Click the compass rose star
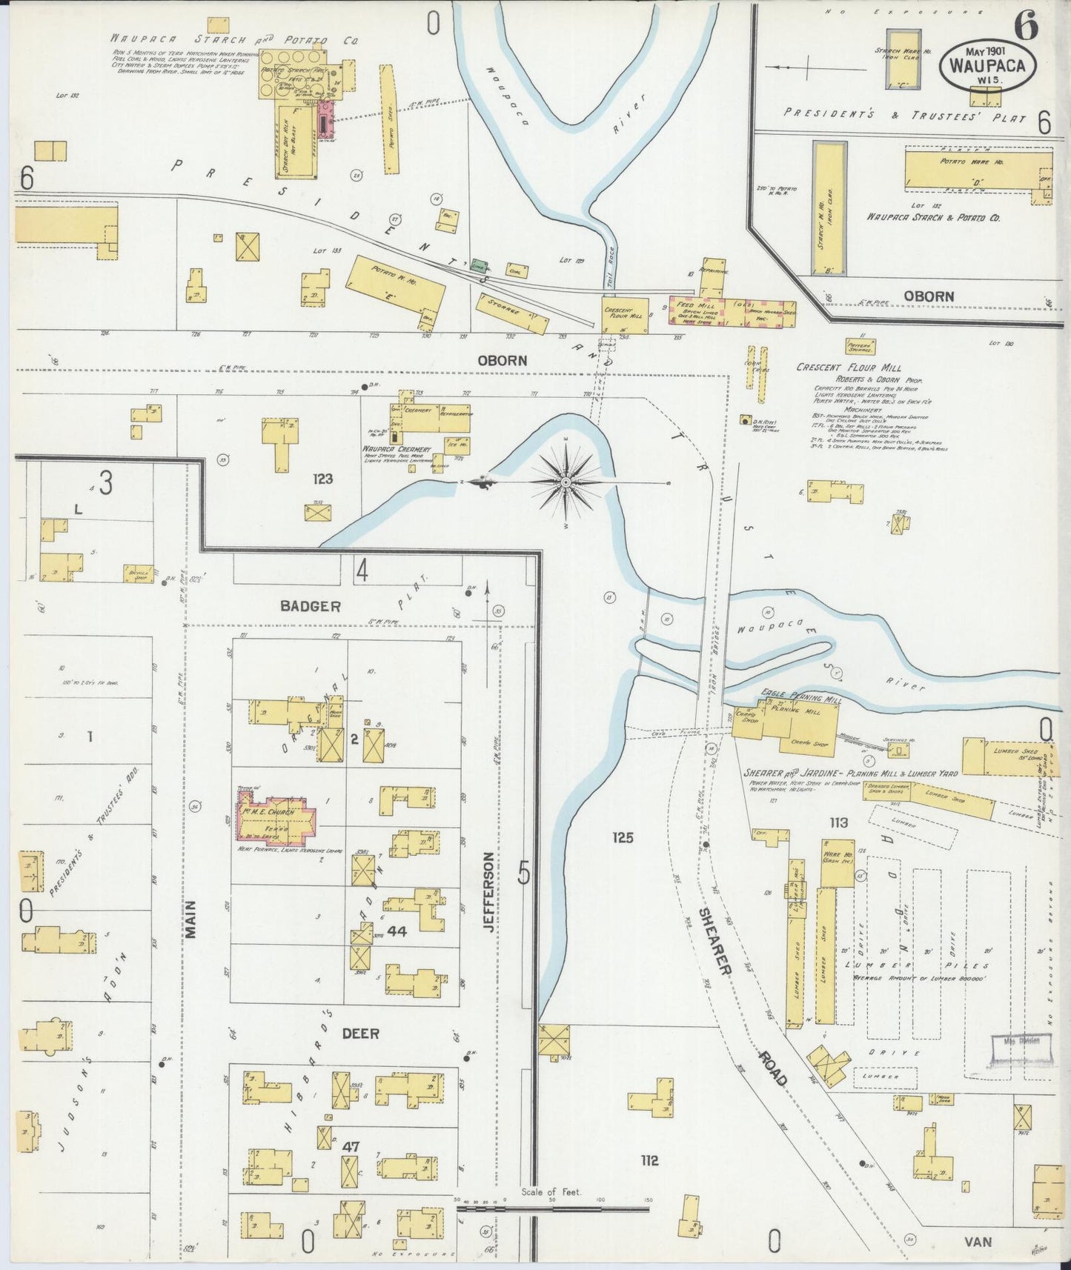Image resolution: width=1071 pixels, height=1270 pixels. pos(566,482)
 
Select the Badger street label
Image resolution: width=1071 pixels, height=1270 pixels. pos(310,606)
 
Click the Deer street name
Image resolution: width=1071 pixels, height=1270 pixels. pos(360,1033)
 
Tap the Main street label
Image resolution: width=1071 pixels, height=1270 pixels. pos(190,920)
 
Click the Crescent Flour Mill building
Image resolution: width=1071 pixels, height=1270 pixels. pos(624,312)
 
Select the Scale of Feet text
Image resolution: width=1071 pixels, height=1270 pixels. pos(551,1192)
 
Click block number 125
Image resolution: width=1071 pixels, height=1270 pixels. pos(623,838)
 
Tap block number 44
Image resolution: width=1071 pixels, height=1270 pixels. pos(397,932)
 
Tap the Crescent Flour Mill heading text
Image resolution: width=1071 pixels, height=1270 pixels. pos(849,368)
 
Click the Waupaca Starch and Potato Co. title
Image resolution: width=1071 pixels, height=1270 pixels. pos(234,39)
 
